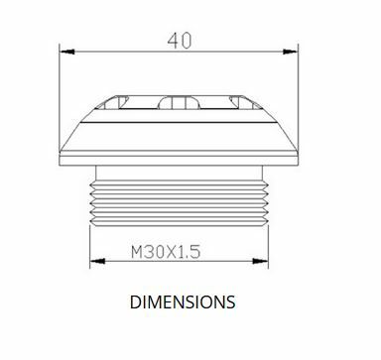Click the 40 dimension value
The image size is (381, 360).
click(180, 41)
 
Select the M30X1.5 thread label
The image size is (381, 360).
click(166, 252)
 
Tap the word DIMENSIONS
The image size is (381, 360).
click(183, 302)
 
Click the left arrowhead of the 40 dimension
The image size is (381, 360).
click(67, 52)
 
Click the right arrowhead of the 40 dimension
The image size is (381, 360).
click(290, 52)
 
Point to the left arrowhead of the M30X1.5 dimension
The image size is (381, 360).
click(97, 261)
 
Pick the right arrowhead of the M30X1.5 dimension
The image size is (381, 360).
click(260, 261)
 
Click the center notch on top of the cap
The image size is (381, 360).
click(179, 102)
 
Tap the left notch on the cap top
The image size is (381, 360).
click(112, 102)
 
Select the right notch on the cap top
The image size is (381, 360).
click(246, 102)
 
